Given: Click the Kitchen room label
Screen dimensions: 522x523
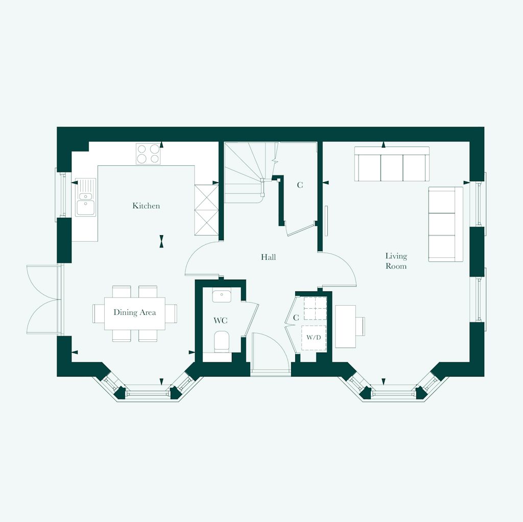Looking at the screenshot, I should (x=146, y=206).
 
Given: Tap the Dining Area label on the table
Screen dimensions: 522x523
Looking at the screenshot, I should (x=135, y=312).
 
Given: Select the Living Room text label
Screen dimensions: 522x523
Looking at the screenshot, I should (x=396, y=261).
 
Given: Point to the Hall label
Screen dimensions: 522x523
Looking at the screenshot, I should (x=268, y=257).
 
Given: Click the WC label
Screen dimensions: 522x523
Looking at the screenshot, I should (x=220, y=321).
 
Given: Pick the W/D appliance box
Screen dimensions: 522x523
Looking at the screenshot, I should (x=314, y=338).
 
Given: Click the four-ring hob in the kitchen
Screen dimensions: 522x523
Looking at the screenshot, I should (x=148, y=154).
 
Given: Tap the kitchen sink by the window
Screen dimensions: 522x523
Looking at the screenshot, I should (x=85, y=197).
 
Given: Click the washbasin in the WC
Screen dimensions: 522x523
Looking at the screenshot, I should (x=222, y=295).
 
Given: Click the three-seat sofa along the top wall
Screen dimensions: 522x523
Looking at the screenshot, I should (x=392, y=164).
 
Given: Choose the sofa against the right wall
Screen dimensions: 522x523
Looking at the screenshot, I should (x=445, y=224).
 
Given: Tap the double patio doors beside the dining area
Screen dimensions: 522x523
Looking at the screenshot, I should (x=44, y=299).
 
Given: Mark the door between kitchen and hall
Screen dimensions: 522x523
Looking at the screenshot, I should (x=203, y=259).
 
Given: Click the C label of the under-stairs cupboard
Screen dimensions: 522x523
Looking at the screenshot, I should (x=300, y=185).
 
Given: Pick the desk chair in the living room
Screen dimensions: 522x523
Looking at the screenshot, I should (x=361, y=326).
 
